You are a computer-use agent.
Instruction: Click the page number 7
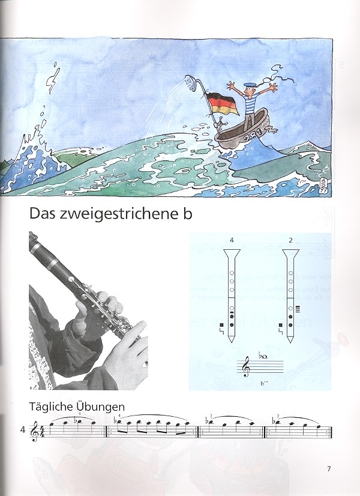329,469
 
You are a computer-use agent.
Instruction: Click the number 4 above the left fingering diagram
231,240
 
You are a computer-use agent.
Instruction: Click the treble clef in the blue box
247,367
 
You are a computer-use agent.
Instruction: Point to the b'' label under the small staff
264,383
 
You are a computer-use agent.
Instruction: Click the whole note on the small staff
266,358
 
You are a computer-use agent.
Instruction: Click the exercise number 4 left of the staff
23,429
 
